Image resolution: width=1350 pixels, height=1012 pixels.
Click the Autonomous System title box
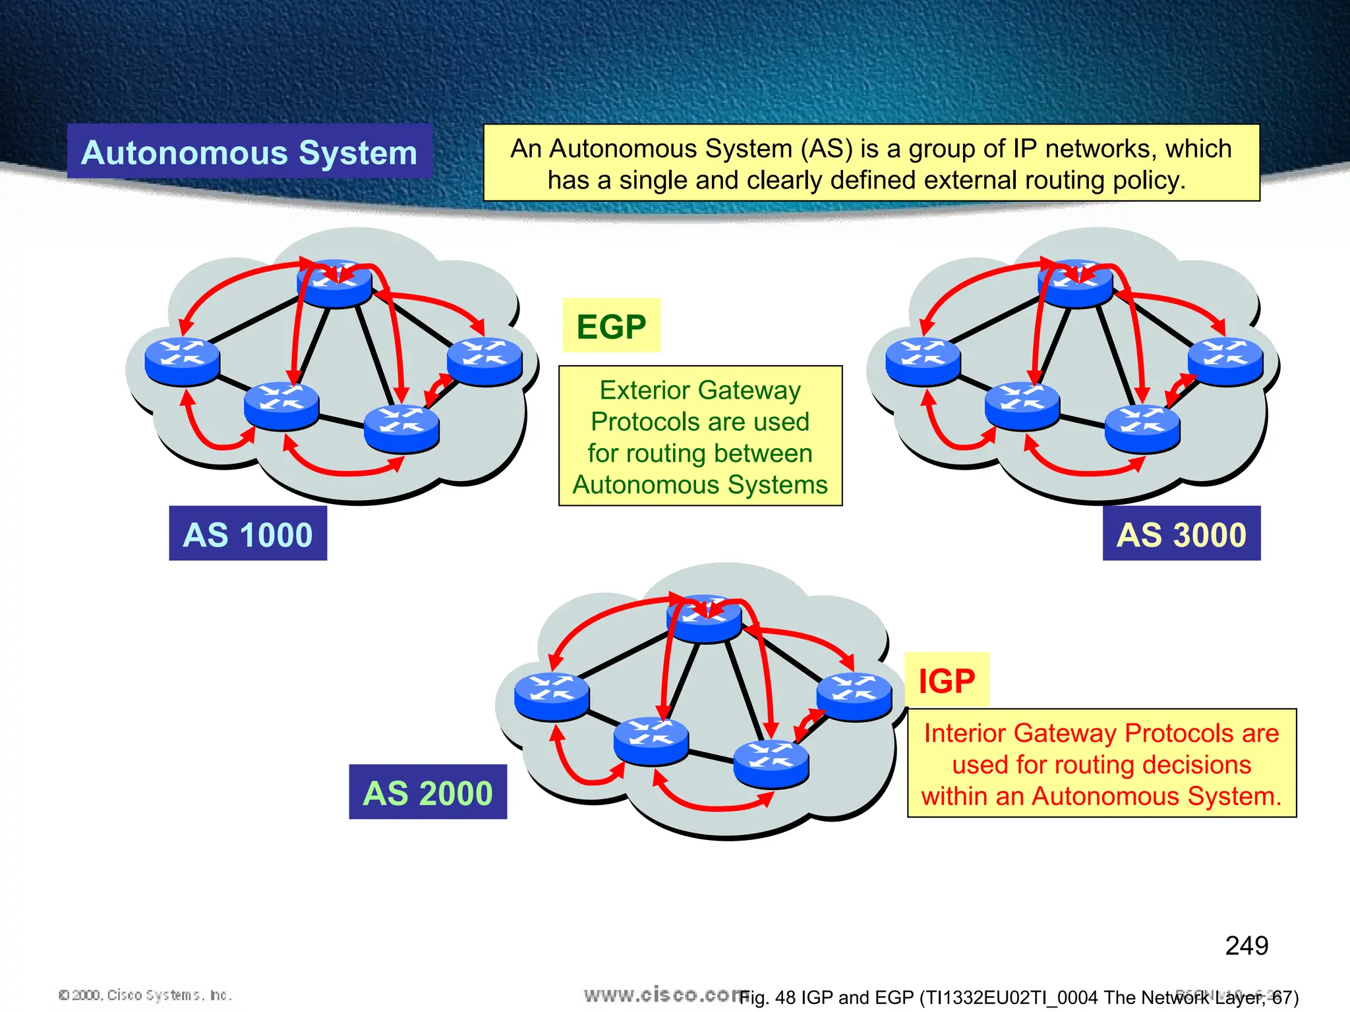click(249, 152)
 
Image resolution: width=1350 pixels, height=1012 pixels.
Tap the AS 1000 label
click(248, 534)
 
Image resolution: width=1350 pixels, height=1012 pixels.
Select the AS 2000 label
click(428, 792)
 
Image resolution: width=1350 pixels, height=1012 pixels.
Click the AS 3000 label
click(1181, 534)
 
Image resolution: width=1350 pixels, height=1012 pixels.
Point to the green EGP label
click(611, 326)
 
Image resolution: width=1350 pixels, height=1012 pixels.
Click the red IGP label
click(947, 681)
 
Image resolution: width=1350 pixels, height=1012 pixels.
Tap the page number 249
click(1247, 945)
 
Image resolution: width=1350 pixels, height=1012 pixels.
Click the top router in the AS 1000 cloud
click(335, 284)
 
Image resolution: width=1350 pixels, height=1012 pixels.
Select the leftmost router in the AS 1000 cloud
click(182, 361)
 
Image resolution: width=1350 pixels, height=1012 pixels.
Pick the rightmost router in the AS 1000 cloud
click(484, 361)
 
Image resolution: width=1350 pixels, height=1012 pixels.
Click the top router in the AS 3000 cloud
click(1075, 284)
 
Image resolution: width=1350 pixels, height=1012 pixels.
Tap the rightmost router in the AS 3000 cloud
click(1225, 361)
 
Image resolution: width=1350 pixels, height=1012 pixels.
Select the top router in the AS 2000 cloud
click(705, 619)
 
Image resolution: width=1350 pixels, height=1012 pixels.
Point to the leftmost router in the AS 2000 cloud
click(552, 696)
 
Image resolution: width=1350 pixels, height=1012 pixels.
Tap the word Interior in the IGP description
click(964, 733)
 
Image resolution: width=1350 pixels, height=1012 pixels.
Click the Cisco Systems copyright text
click(145, 995)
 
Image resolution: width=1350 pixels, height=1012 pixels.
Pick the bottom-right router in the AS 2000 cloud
click(771, 764)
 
